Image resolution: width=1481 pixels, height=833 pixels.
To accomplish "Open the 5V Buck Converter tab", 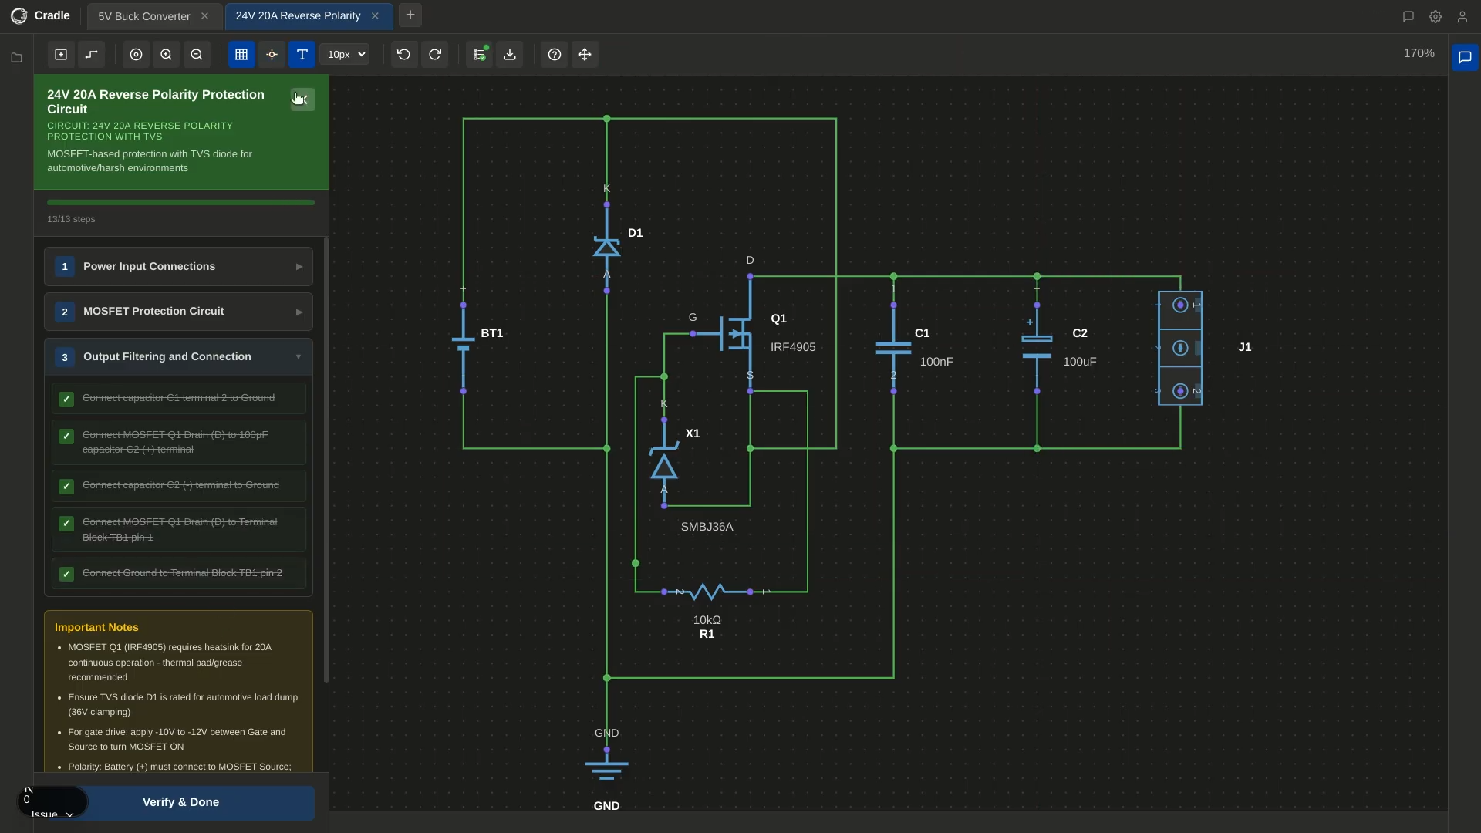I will click(144, 16).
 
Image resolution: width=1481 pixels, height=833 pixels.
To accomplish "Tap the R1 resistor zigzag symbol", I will click(707, 592).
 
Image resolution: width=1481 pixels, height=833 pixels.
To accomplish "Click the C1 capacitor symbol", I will click(893, 348).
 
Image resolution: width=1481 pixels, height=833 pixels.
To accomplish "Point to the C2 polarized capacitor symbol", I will click(1037, 348).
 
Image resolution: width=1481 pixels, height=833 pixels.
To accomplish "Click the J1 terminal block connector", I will click(1180, 348).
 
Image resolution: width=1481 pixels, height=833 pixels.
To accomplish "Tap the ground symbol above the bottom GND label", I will click(606, 767).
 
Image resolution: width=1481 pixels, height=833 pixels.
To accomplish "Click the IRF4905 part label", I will click(793, 347).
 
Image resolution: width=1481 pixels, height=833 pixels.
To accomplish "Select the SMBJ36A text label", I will click(707, 527).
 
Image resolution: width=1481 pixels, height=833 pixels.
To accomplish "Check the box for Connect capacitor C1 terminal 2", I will click(66, 400).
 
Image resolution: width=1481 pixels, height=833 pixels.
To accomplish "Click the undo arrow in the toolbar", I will click(403, 55).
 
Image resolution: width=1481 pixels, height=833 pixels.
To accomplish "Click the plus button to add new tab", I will click(410, 15).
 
